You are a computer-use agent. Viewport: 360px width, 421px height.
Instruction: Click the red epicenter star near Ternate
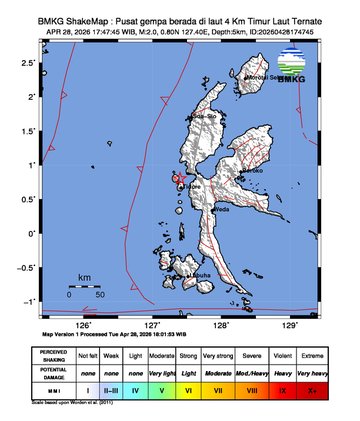[177, 179]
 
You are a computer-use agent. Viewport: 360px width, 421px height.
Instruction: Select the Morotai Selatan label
[267, 76]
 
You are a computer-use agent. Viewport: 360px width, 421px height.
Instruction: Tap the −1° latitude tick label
[30, 301]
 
